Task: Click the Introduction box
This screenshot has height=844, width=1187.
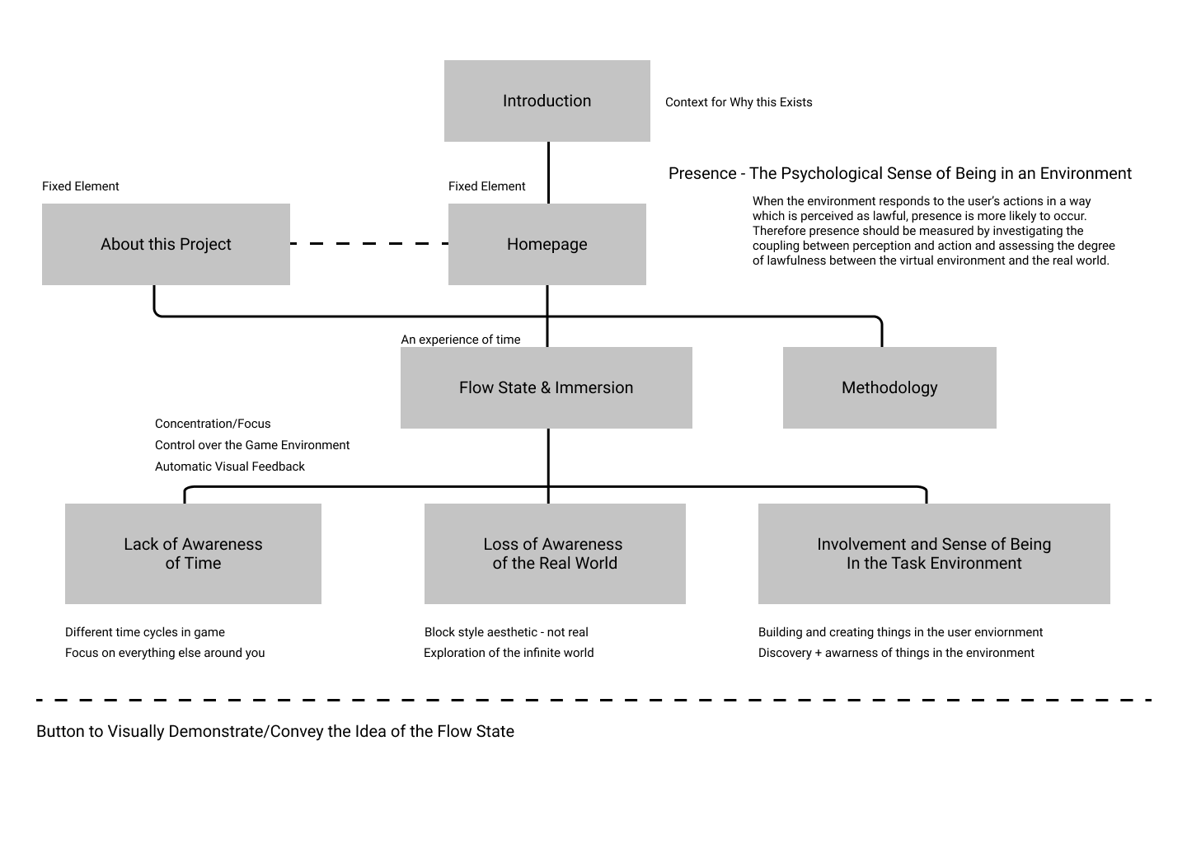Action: pos(547,101)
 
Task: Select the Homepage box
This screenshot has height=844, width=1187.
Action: pos(547,244)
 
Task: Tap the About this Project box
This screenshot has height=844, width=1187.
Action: pos(166,244)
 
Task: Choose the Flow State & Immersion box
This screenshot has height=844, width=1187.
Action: pos(547,388)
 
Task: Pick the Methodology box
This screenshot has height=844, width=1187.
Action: pos(889,388)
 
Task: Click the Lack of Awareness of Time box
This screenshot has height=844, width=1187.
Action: pos(193,554)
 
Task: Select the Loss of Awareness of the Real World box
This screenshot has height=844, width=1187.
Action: pos(555,554)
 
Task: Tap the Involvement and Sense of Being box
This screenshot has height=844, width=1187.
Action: pos(934,554)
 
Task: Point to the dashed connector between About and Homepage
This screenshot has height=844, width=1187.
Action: pos(369,244)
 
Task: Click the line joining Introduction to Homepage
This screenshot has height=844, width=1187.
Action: pos(548,173)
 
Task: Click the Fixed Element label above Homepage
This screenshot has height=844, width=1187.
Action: pos(486,186)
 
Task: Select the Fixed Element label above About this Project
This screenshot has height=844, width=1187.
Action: pos(81,186)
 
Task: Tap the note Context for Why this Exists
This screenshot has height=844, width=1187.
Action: pos(739,102)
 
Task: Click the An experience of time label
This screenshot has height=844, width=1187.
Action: pos(461,340)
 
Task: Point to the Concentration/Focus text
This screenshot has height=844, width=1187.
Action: pos(213,424)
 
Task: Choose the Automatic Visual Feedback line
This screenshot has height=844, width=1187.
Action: pos(229,467)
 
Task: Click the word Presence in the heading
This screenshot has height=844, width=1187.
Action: pos(702,173)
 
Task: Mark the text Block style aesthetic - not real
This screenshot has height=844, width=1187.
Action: pos(506,632)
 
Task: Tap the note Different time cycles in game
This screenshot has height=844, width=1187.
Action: pos(145,632)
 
